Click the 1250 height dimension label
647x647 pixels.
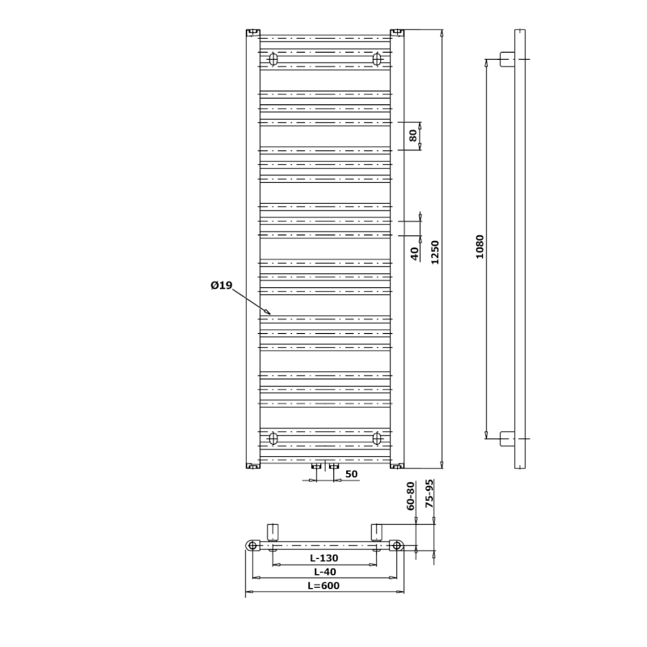click(x=435, y=252)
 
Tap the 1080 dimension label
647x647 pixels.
click(x=480, y=247)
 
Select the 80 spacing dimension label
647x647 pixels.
click(x=413, y=135)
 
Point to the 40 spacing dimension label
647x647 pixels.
click(x=415, y=253)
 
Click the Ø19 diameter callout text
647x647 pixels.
click(x=222, y=285)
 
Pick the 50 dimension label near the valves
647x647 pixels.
click(x=351, y=474)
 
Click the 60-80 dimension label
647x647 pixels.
click(x=411, y=496)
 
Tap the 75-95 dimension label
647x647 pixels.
click(x=429, y=493)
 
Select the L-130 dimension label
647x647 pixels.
click(x=324, y=558)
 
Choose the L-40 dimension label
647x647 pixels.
click(x=325, y=572)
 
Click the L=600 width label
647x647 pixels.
click(x=324, y=586)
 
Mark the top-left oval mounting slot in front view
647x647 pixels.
click(x=273, y=59)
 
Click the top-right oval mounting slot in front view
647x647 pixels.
click(x=377, y=59)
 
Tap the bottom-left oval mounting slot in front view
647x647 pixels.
click(x=273, y=438)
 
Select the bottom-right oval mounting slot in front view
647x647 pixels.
click(x=377, y=438)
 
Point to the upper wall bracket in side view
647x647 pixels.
click(x=507, y=59)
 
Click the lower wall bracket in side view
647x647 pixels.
click(x=507, y=438)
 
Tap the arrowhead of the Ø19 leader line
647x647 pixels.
click(x=269, y=313)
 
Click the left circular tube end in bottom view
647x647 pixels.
click(x=253, y=545)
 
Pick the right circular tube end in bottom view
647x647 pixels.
click(x=396, y=545)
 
